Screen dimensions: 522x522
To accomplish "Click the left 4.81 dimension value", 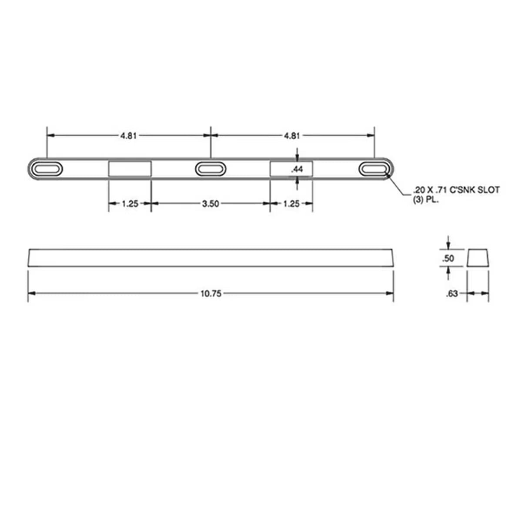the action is point(128,136).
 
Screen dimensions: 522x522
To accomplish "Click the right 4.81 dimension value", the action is point(292,136).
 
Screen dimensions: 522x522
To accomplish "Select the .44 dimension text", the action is point(297,169).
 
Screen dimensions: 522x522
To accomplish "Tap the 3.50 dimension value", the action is point(211,204).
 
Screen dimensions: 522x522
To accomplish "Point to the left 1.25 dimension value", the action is point(130,204).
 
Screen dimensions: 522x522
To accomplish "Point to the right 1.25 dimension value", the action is point(291,204).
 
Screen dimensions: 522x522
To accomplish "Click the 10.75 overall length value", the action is point(211,294).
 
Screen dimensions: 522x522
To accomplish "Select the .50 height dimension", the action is point(448,258).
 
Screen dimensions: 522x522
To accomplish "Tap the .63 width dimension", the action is point(452,294).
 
